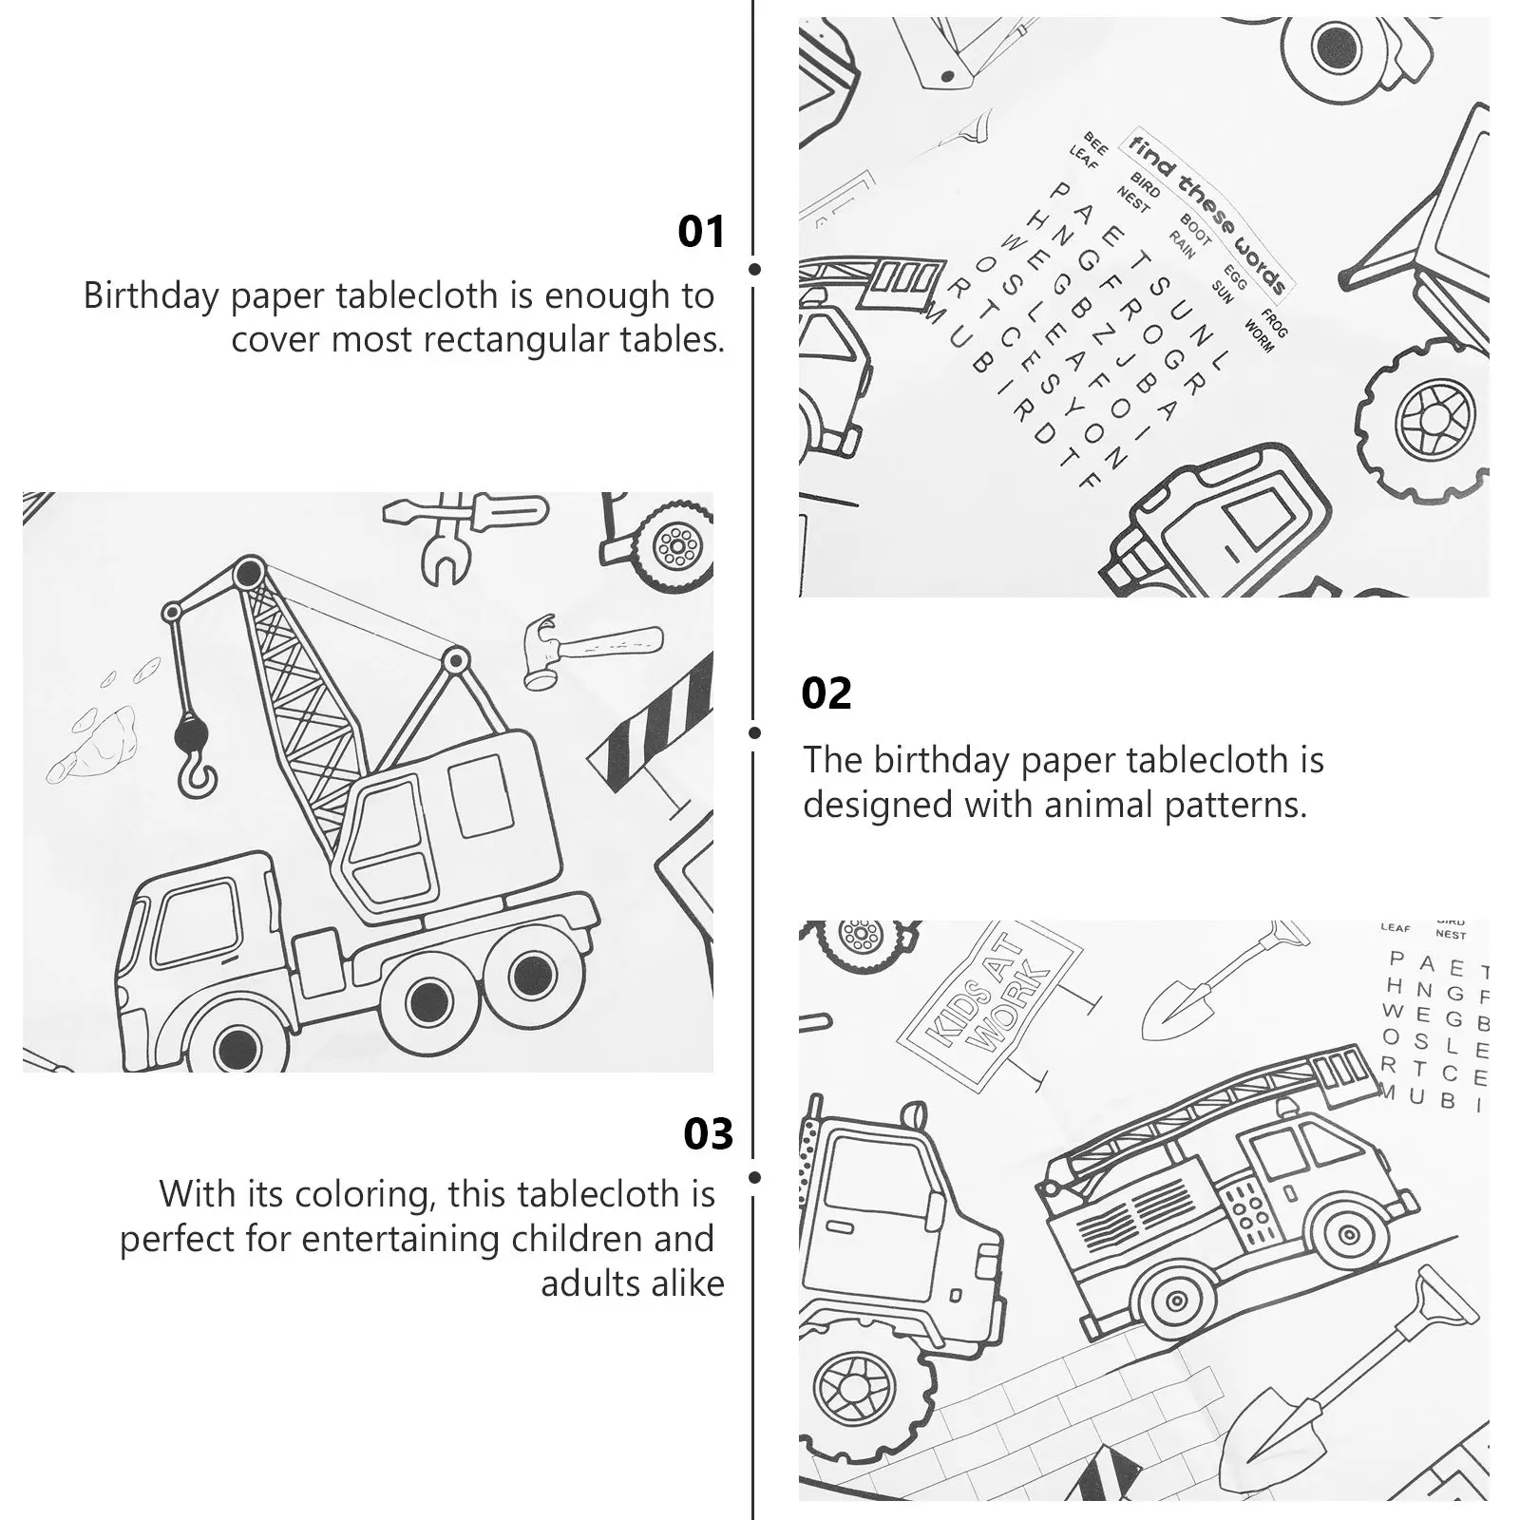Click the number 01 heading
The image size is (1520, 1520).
click(701, 232)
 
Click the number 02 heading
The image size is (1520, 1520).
click(826, 694)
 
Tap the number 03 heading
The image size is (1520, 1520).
click(708, 1134)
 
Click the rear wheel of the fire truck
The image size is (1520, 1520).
click(1176, 1301)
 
